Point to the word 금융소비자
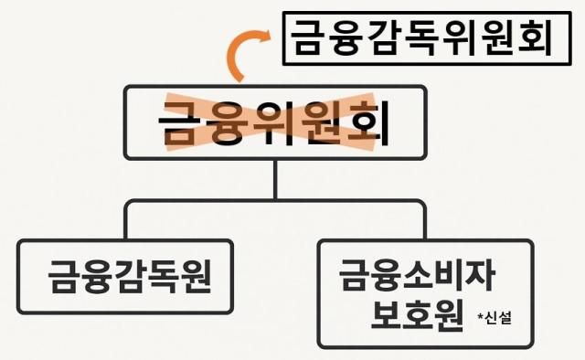coord(422,272)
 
